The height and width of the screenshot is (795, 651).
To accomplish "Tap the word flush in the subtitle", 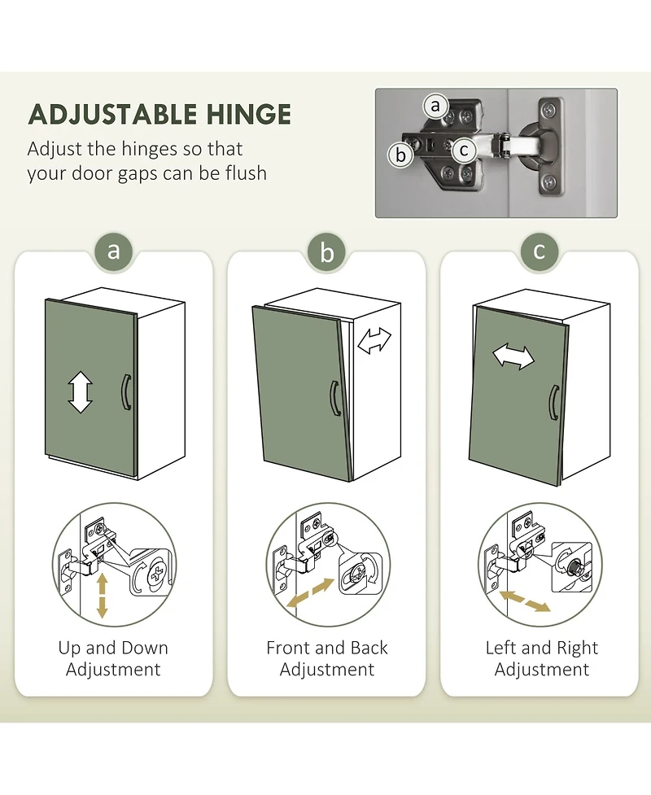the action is [246, 173].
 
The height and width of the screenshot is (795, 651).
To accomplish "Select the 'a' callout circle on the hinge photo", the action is [435, 106].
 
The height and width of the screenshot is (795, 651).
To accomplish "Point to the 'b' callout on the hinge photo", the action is [400, 155].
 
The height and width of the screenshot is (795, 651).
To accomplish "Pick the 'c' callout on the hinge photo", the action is [463, 151].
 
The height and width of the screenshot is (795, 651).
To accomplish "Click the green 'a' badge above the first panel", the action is [114, 251].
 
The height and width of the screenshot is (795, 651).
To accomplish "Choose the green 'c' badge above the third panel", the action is [540, 251].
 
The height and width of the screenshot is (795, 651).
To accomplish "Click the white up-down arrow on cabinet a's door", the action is [80, 392].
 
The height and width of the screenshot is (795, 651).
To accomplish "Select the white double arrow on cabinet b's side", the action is [374, 340].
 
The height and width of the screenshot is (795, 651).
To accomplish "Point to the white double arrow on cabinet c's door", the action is [513, 356].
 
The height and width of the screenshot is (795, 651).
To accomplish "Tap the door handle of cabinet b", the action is [333, 399].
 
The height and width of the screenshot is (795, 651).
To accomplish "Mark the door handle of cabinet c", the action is [553, 403].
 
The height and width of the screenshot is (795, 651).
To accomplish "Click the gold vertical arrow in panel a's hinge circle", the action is [102, 596].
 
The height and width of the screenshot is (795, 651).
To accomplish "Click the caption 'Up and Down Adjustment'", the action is [113, 658].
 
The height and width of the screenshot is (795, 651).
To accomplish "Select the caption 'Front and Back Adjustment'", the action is [327, 658].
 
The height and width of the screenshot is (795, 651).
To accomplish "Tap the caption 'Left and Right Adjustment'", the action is [541, 658].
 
